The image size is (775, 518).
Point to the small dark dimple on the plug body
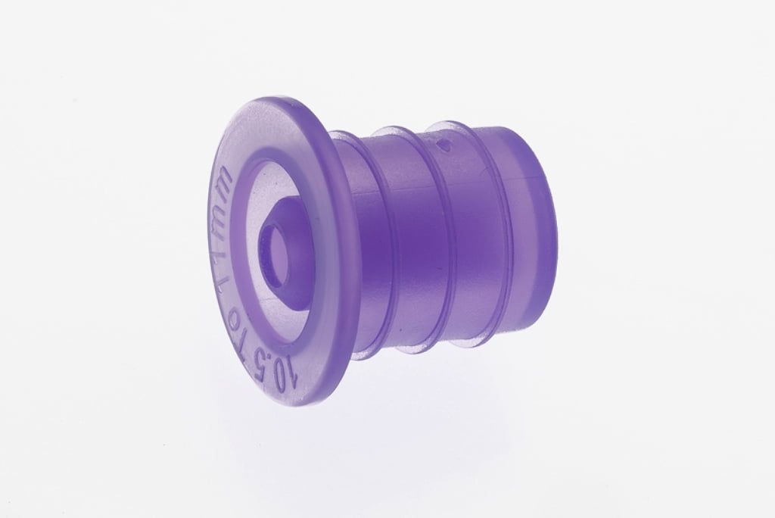click(x=445, y=141)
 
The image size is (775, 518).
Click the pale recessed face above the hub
click(x=280, y=182)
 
